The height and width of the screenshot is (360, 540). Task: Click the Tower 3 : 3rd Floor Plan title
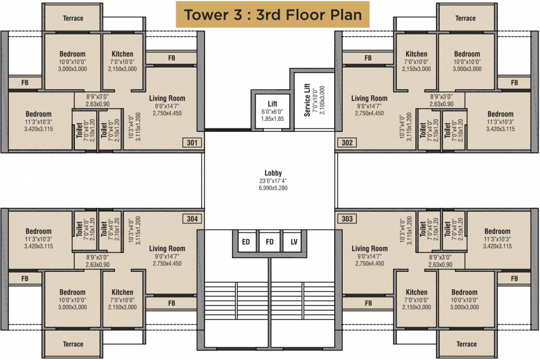coord(272,15)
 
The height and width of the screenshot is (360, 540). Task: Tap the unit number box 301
coord(193,143)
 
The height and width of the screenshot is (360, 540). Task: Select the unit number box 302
coord(347,143)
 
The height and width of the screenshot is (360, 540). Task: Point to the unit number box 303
coord(347,218)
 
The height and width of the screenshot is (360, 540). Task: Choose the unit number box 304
coord(193,218)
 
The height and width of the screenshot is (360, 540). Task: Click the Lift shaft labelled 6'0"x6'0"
coord(272,111)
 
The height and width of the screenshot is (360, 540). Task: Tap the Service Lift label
coord(307,99)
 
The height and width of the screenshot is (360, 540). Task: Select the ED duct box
coord(246,242)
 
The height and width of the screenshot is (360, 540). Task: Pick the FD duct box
coord(270,242)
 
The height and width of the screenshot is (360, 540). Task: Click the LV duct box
coord(294,242)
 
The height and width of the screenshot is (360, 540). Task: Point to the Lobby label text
coord(273,173)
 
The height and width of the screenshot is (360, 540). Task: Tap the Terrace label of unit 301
coord(73,18)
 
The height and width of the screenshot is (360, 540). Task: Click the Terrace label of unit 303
coord(466,344)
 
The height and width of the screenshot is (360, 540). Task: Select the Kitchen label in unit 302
coord(416,54)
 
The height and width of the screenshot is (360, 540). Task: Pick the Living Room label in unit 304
coord(167,248)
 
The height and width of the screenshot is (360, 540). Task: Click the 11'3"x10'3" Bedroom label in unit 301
coord(38,114)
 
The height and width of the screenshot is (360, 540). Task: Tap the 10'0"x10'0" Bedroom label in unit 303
coord(465,292)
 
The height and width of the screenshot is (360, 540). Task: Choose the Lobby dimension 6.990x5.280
coord(273,188)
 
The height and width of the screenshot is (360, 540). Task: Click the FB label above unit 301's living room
coord(172,58)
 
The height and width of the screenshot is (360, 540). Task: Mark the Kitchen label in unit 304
coord(122,292)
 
